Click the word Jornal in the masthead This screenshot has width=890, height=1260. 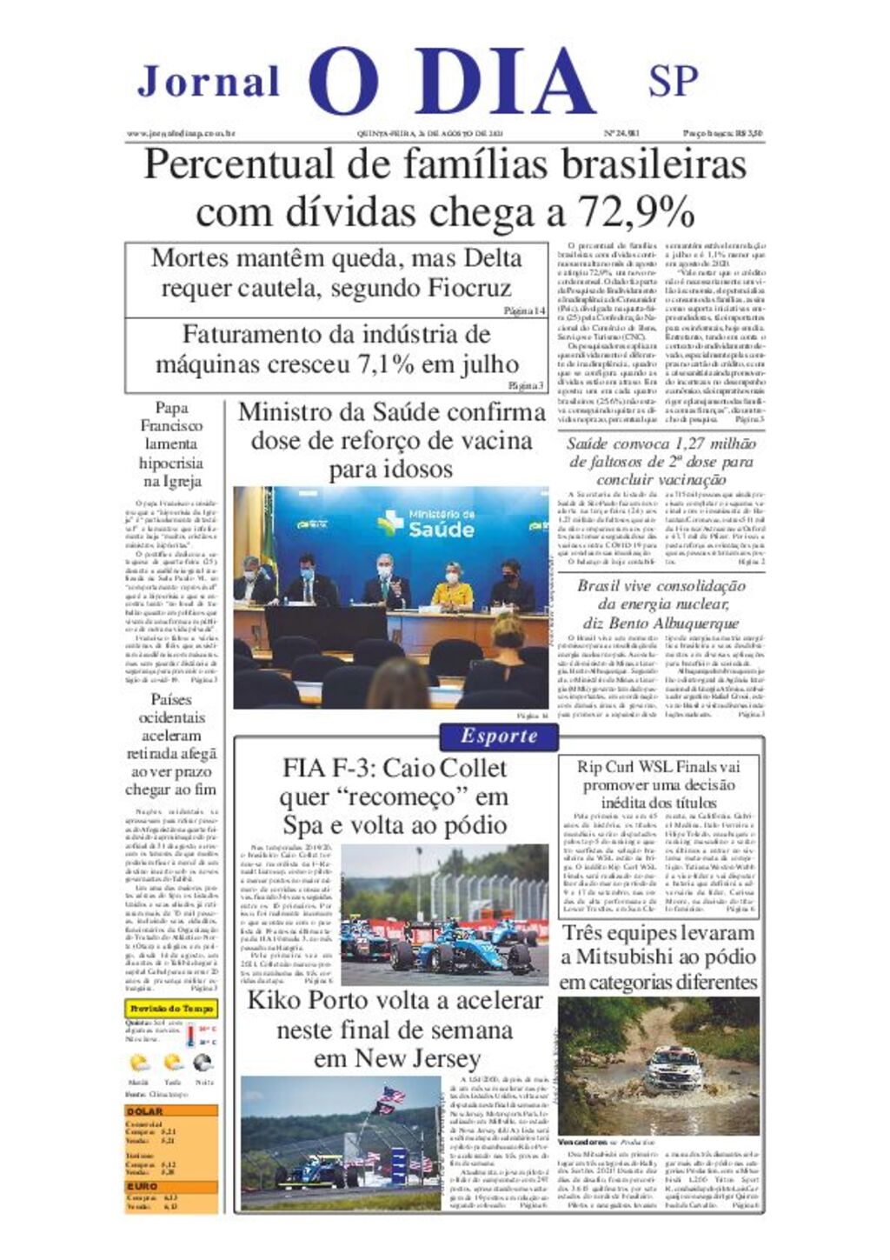pos(209,82)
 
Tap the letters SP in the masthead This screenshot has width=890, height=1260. pos(673,81)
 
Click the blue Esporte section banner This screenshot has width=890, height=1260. pos(499,737)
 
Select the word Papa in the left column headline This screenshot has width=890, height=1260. pos(171,407)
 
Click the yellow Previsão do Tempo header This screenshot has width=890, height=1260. pos(171,1009)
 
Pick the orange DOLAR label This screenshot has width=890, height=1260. pos(144,1111)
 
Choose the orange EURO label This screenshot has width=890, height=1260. pos(143,1186)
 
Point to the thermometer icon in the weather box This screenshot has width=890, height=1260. pos(190,1035)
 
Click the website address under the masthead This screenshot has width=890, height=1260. pos(182,134)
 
